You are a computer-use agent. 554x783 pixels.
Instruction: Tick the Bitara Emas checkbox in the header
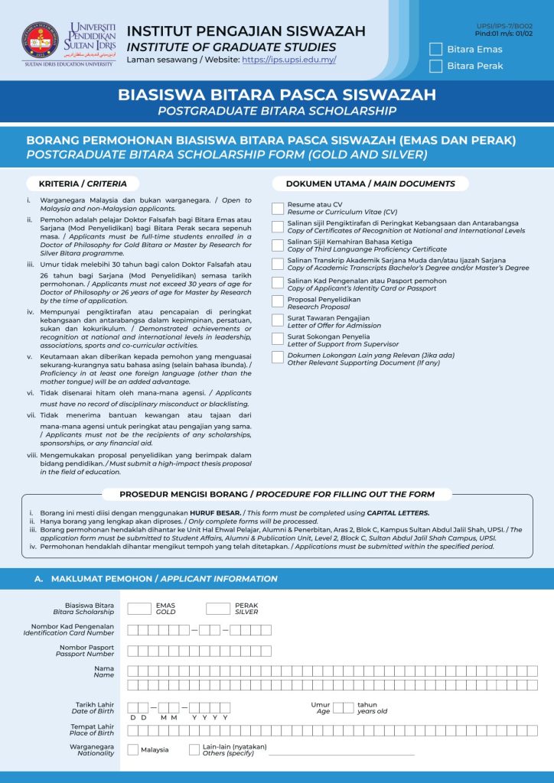tap(436, 49)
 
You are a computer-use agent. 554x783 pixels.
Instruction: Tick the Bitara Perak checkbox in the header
tap(436, 66)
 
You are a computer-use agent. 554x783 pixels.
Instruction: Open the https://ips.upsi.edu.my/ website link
tap(288, 60)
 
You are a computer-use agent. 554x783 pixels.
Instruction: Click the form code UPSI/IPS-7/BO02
tap(505, 26)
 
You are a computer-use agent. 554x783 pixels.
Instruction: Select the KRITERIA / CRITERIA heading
tap(83, 184)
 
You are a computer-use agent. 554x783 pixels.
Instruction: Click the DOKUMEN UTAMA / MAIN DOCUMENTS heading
tap(370, 184)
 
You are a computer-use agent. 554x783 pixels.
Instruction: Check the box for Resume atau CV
tap(278, 208)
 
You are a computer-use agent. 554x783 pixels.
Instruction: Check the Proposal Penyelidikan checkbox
tap(278, 301)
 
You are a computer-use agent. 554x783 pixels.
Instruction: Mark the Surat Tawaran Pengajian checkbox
tap(278, 319)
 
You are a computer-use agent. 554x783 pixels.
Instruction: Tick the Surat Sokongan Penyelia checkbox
tap(278, 337)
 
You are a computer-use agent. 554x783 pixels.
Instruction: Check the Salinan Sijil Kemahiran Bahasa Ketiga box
tap(278, 245)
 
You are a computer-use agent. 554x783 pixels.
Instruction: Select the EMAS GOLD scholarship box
tap(139, 609)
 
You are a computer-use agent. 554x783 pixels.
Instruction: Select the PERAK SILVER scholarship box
tap(218, 609)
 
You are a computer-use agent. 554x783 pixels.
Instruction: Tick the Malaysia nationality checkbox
tap(133, 749)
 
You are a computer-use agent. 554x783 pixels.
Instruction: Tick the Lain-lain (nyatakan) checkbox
tap(194, 749)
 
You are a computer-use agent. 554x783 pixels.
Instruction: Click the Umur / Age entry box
tap(344, 707)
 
